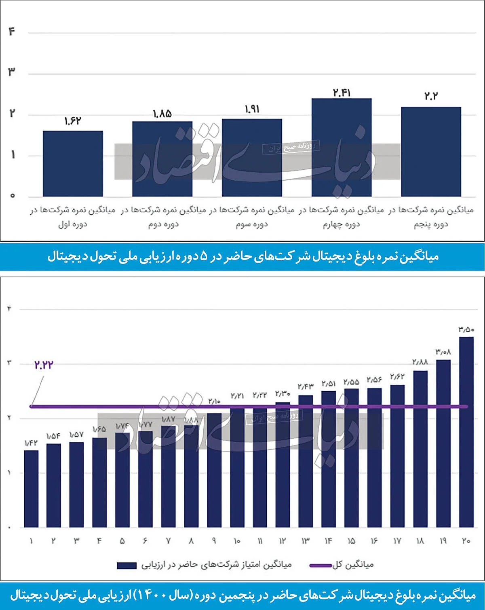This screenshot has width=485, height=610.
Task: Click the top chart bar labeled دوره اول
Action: click(x=73, y=164)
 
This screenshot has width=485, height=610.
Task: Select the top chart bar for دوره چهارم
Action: click(x=342, y=148)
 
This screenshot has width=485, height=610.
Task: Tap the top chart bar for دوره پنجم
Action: click(x=431, y=152)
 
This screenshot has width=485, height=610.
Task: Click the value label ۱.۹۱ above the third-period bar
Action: click(x=252, y=109)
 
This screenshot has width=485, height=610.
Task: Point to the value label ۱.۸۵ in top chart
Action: click(x=162, y=114)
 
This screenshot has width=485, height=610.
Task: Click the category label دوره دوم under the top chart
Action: click(x=163, y=224)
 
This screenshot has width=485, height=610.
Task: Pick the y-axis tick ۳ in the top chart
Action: click(x=12, y=72)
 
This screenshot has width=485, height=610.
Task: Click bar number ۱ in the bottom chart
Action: click(x=31, y=489)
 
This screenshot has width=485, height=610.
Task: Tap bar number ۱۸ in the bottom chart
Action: click(x=420, y=449)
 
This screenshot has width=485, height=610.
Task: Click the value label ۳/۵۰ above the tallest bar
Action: click(x=466, y=329)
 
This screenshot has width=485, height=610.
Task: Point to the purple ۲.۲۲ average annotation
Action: click(x=44, y=365)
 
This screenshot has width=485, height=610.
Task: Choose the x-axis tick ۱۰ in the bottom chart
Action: click(x=237, y=541)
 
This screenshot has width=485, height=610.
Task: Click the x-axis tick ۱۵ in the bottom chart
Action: click(x=351, y=541)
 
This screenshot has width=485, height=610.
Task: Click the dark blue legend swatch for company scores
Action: click(x=127, y=566)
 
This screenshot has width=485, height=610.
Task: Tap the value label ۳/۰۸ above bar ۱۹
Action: click(x=443, y=352)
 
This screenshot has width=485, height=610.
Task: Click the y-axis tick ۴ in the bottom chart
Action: click(x=9, y=309)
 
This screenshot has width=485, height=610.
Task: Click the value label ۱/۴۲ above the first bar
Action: click(x=31, y=443)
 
